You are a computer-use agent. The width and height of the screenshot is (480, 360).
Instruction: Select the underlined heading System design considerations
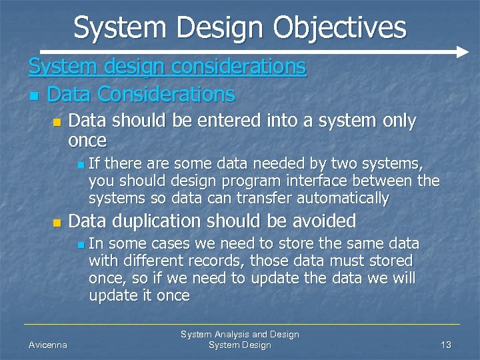(x=167, y=67)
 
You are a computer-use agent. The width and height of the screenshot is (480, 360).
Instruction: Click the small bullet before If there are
(x=80, y=164)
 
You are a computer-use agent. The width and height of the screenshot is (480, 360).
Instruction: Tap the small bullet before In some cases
(x=80, y=245)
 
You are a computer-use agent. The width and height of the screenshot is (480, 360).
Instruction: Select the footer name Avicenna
(x=47, y=345)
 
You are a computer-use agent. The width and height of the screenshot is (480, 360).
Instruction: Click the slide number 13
(x=446, y=345)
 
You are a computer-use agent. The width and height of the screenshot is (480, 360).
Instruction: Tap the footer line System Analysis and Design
(x=240, y=334)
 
